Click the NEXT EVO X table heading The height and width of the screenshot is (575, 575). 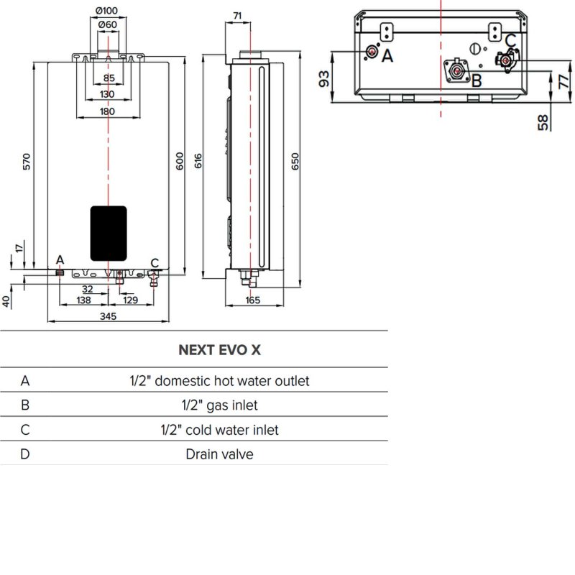coord(219,350)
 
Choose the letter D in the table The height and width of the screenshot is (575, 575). coord(25,454)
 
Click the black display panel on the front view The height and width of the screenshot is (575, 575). coord(109,233)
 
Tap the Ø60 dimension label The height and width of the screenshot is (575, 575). coord(107,25)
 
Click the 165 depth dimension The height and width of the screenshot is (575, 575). coord(252,300)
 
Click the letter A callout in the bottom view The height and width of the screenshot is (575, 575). coord(387,55)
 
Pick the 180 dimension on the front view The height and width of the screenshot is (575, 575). coord(108,111)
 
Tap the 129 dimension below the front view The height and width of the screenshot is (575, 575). coord(130,299)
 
